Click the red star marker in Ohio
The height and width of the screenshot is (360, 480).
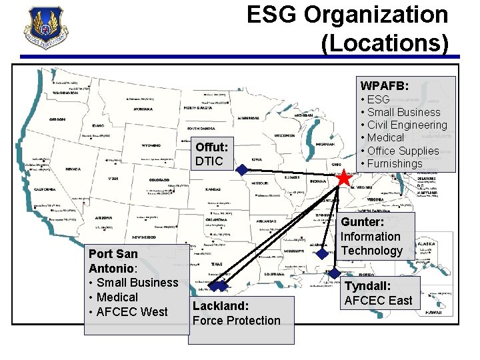(x=343, y=178)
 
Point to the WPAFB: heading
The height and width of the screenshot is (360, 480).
(x=385, y=86)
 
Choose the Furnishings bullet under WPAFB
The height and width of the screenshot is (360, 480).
(x=394, y=163)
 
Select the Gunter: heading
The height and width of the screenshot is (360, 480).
(x=363, y=222)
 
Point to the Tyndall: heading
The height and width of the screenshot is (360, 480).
(x=367, y=285)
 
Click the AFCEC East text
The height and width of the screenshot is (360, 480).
(x=378, y=300)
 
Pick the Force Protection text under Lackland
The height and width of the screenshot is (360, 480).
(x=236, y=320)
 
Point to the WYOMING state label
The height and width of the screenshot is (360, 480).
(x=151, y=145)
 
